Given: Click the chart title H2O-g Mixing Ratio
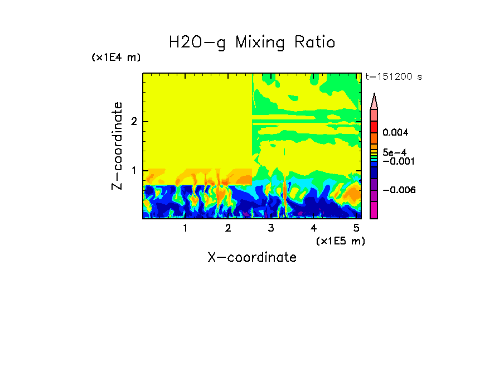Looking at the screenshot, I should point(252,42).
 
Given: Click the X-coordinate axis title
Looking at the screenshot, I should point(252,257).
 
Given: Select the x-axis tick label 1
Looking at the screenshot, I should point(185,228).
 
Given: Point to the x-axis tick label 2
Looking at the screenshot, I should point(228,228).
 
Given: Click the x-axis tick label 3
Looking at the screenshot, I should point(271,228).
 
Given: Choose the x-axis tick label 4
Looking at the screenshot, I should point(314,228).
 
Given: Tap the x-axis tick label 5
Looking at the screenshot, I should point(356,228).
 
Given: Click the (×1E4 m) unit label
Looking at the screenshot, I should point(116,57).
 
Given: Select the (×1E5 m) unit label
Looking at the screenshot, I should point(340,241).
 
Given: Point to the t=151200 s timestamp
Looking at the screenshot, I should point(393,77).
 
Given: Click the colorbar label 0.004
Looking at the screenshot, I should point(395,133).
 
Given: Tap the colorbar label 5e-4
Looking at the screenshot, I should point(394,152).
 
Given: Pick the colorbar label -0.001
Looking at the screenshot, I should point(396,161).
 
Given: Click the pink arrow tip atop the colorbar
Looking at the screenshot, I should point(374,101).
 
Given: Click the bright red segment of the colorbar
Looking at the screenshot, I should point(374,127).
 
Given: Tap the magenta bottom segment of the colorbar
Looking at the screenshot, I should point(374,210).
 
